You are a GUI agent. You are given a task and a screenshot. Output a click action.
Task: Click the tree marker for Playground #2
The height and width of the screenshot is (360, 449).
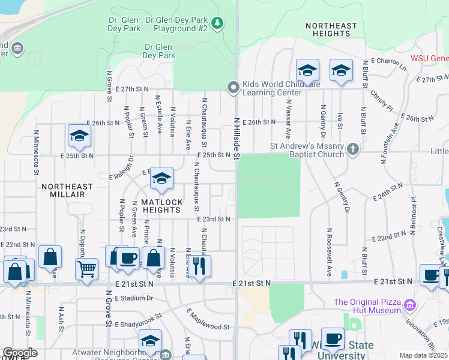point(217,23)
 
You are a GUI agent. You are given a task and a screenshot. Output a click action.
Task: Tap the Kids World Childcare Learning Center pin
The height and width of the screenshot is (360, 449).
point(233,88)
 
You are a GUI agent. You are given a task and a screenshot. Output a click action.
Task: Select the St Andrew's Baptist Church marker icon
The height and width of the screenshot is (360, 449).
point(354,149)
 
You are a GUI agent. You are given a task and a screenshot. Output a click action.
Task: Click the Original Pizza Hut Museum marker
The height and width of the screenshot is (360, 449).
point(411,306)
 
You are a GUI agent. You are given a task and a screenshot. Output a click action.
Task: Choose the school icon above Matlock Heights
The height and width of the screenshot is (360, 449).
point(161,178)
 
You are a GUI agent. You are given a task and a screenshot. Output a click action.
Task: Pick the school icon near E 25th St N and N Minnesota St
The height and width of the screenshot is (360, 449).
point(79,136)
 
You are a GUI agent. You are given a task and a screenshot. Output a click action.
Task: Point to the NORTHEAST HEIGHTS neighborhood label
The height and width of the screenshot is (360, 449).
point(331,29)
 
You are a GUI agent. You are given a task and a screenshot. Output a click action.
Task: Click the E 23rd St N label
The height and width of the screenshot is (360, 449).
point(214,220)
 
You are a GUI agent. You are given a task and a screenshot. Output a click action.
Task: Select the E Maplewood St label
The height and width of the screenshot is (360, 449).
point(208,320)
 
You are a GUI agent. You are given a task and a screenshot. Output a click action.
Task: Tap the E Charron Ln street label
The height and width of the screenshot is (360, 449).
point(388,64)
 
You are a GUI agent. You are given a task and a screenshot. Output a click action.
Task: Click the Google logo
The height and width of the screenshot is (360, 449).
point(20,353)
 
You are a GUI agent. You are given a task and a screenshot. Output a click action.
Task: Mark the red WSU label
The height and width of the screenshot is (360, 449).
point(429,59)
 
